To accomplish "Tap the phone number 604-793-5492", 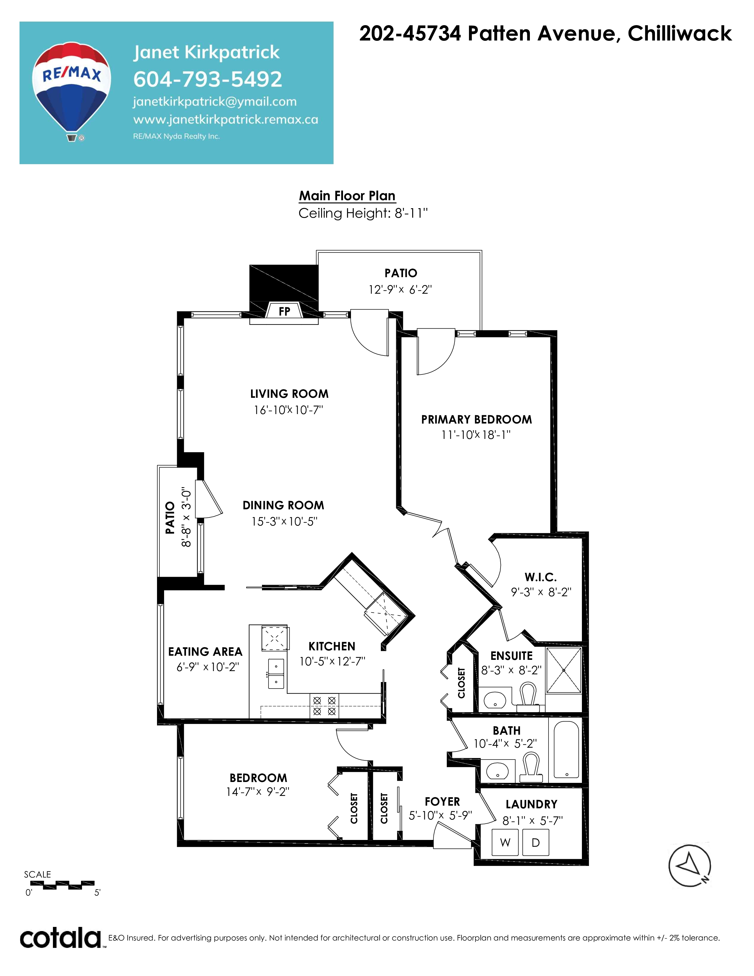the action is point(208,80).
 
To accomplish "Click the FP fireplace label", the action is point(284,311).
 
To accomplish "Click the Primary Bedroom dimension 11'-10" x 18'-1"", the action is point(476,434).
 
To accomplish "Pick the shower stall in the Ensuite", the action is point(564,670).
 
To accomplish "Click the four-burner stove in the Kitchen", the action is point(324,706).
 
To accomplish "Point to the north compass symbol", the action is point(689,866).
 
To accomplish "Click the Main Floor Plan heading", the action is point(347,196).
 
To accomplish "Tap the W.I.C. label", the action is point(541,577).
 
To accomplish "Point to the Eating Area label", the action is point(205,652).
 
